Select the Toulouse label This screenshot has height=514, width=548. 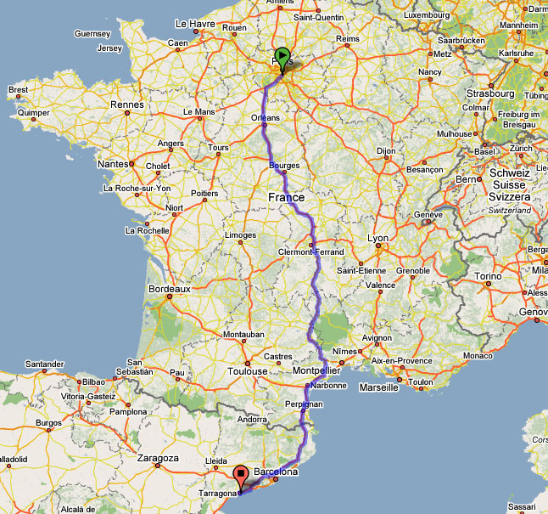(248, 371)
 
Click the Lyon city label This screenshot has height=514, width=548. (377, 239)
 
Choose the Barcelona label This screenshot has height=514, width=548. (274, 471)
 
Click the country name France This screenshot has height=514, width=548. (286, 197)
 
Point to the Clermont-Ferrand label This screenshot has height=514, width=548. (311, 252)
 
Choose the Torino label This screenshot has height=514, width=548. (489, 276)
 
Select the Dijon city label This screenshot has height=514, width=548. (387, 151)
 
